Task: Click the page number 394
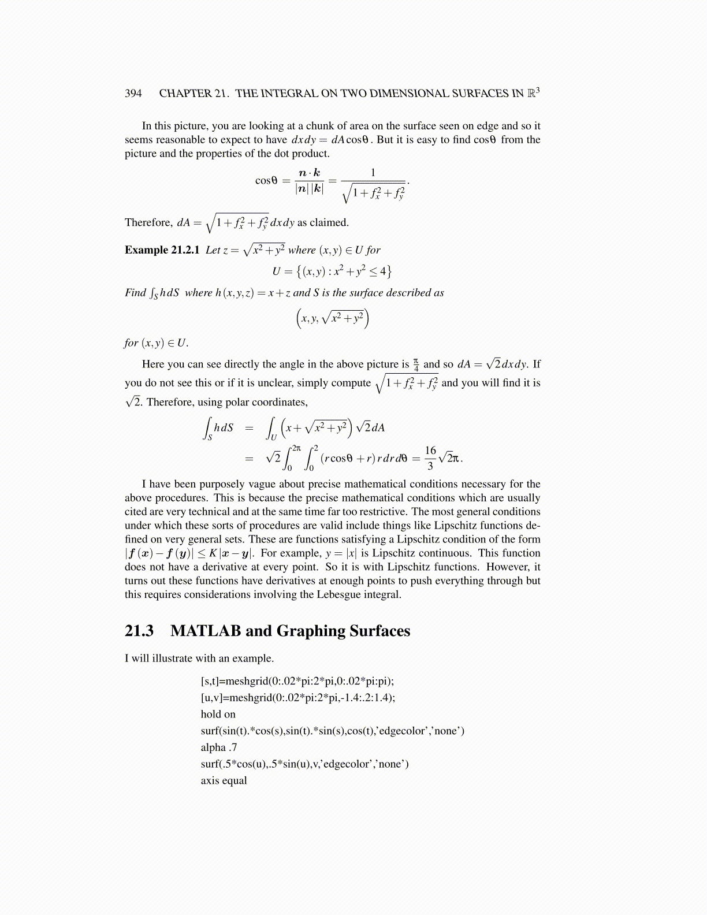point(133,94)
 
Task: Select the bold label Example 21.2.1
point(162,250)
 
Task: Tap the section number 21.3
point(139,631)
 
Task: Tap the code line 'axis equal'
point(224,780)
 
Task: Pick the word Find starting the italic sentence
point(135,293)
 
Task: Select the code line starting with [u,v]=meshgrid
point(297,698)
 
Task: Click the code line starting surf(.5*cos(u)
point(304,764)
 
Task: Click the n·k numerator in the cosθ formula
point(309,173)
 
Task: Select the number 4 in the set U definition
point(383,271)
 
